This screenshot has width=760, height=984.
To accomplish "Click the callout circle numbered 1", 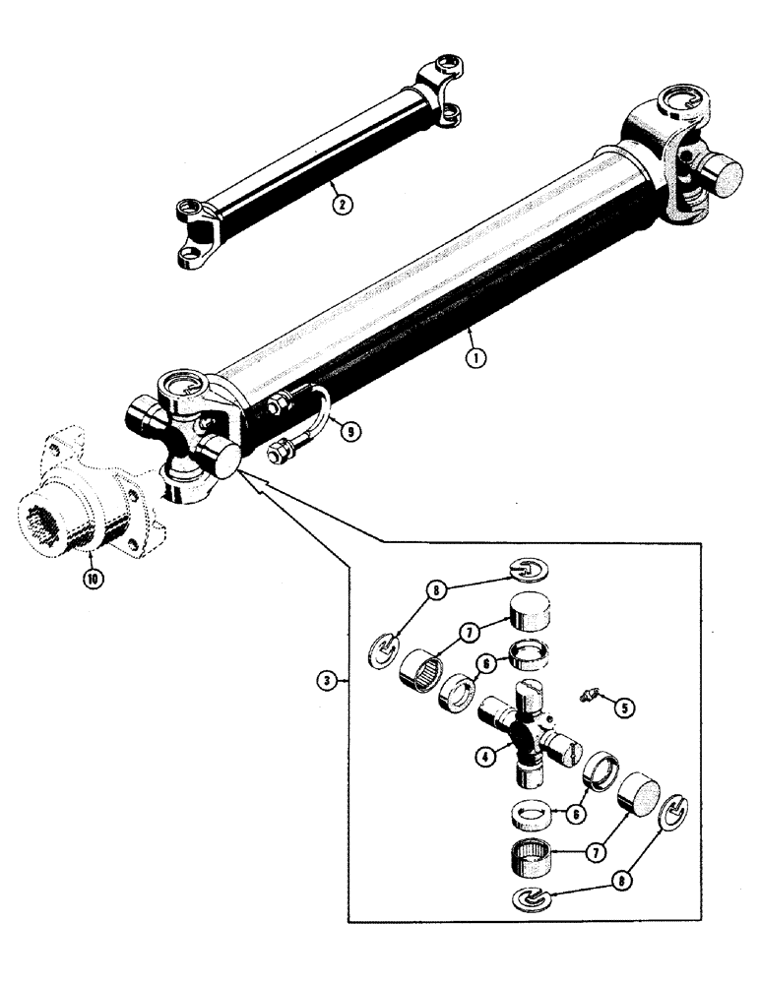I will coord(475,359).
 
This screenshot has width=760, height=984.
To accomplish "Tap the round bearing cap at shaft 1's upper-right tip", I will coord(728,181).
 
